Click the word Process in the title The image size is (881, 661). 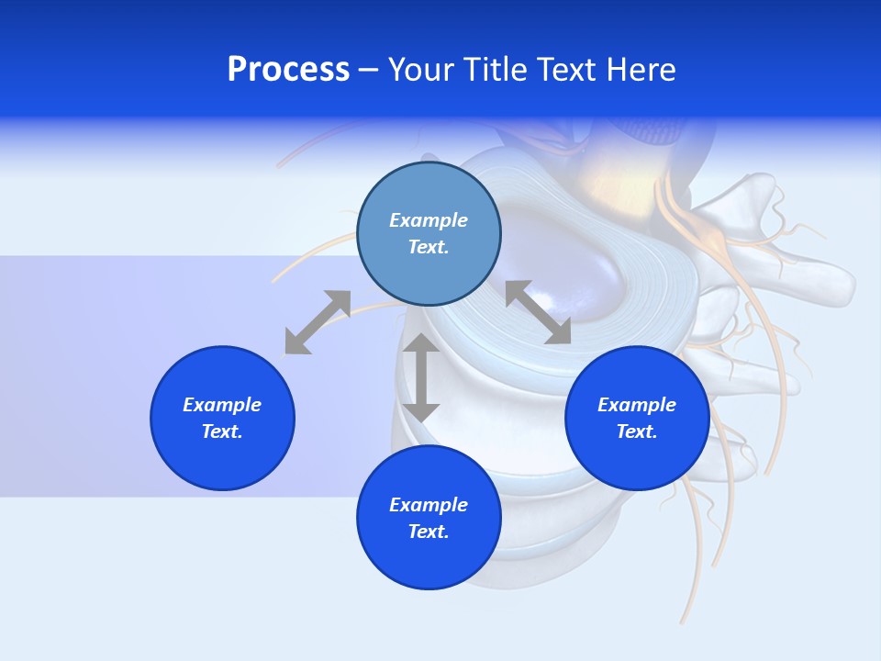point(288,70)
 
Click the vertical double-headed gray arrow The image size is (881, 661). point(421,377)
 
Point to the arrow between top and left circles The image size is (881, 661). point(318,322)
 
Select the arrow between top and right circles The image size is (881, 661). point(538,312)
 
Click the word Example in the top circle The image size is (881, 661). point(429,220)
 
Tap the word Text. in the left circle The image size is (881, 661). point(222,431)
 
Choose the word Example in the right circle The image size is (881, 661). point(637,405)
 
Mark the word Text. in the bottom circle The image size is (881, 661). point(429,532)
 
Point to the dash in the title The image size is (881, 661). point(368,71)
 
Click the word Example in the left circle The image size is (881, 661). point(222,405)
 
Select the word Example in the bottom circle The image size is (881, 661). point(429,505)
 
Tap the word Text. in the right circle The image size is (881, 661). point(637,431)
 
